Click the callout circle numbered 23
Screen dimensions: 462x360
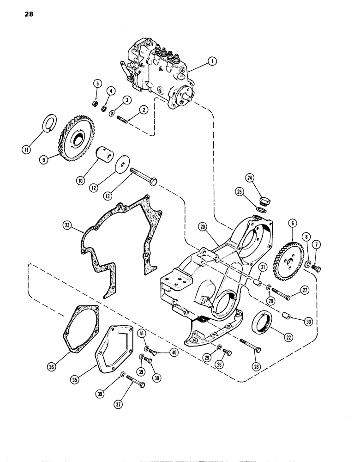(x=68, y=225)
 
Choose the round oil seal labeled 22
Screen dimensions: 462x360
(x=262, y=323)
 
